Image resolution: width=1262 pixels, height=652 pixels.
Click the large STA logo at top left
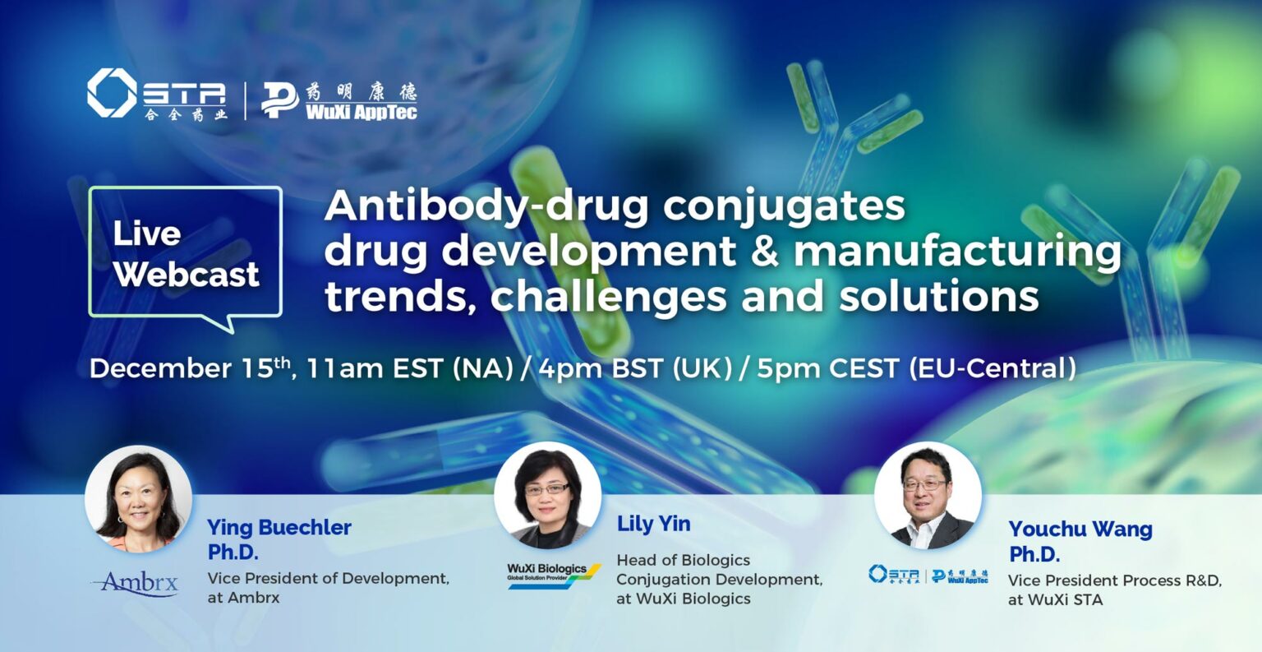(x=157, y=94)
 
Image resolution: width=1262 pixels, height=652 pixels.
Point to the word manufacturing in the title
(x=957, y=252)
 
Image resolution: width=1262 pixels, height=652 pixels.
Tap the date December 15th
(x=191, y=368)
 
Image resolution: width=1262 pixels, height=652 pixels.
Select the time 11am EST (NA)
(x=410, y=368)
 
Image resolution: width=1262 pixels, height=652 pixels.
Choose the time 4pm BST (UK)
(x=634, y=368)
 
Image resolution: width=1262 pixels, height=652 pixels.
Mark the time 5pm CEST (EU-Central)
(x=916, y=368)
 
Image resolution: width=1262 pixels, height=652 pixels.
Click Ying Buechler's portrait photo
(x=139, y=498)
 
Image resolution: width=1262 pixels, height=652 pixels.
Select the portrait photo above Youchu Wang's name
(x=928, y=495)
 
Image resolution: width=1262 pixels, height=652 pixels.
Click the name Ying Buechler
(x=279, y=527)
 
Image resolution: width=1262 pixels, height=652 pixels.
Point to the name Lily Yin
(x=653, y=524)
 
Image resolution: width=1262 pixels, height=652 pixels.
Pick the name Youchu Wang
(x=1080, y=529)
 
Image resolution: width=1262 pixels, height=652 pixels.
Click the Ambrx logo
(x=136, y=583)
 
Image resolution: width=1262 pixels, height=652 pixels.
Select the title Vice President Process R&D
(x=1115, y=580)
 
